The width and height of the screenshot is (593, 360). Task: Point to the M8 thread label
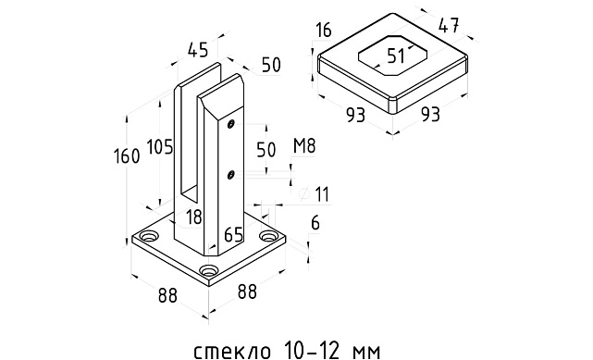(x=303, y=145)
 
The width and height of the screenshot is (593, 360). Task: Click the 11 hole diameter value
(x=321, y=193)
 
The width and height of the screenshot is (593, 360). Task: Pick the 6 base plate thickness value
(x=315, y=224)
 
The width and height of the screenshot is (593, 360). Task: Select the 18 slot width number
(x=192, y=216)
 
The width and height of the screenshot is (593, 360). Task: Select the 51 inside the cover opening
(x=396, y=56)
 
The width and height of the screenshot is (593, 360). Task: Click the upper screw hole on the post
(x=232, y=124)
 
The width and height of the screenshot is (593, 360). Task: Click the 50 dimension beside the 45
(x=269, y=66)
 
